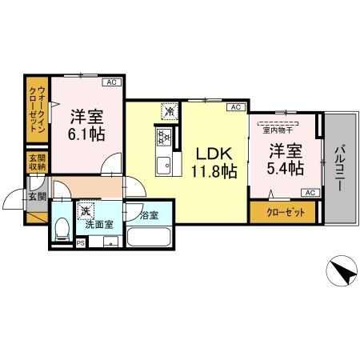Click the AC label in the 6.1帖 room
coord(112,82)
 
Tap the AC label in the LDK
coord(235,107)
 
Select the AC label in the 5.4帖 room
coord(310,193)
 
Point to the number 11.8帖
coord(211,170)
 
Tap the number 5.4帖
coord(285,168)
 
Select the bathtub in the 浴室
coord(149,238)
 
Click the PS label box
coord(80,242)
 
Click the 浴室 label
coord(148,214)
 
